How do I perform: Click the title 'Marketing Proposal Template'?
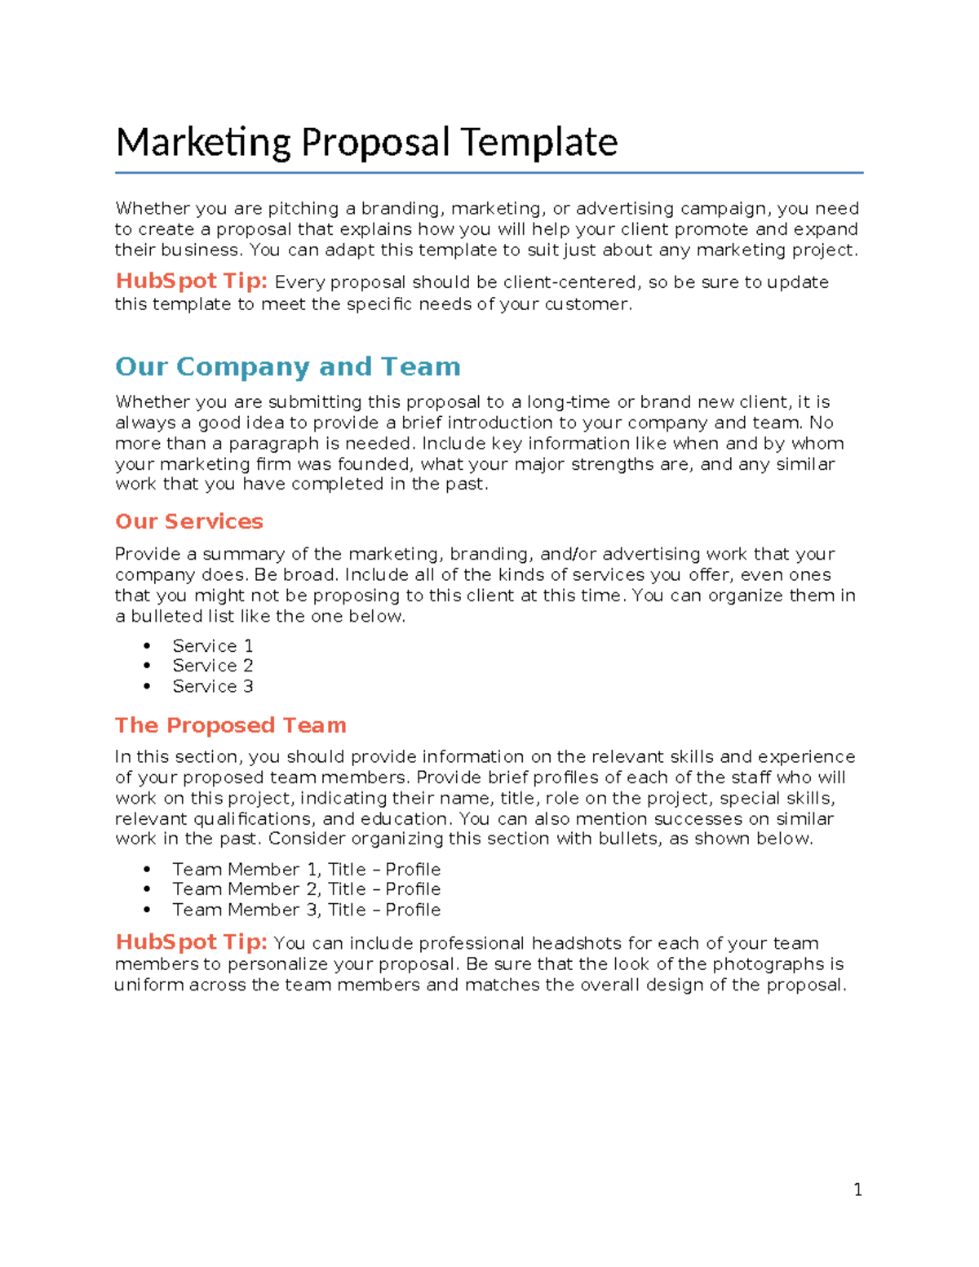(366, 142)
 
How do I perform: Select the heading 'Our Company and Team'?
(287, 366)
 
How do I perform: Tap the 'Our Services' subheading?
(188, 521)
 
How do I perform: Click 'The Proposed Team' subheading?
(230, 725)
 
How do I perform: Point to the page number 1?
(857, 1190)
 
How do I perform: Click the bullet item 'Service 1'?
(212, 645)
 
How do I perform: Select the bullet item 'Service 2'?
(212, 666)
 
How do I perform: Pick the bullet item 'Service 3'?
(212, 686)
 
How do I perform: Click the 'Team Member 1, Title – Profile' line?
(306, 869)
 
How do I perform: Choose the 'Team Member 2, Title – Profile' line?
(306, 889)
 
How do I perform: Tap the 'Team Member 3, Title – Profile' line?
(306, 910)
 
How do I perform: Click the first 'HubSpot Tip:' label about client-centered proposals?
(191, 281)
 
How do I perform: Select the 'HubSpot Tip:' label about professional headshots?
(191, 942)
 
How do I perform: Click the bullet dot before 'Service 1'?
(147, 646)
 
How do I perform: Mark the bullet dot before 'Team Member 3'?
(147, 910)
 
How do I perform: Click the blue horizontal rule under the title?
(489, 173)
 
